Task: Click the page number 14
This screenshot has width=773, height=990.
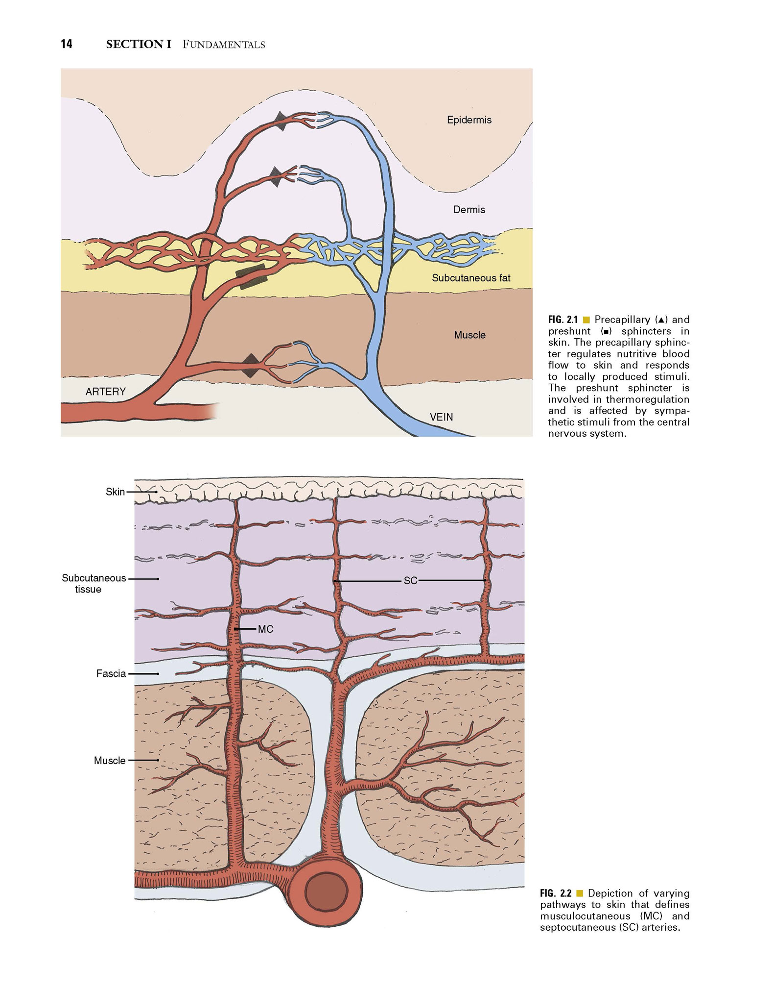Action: (67, 44)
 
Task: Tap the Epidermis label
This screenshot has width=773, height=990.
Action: (469, 120)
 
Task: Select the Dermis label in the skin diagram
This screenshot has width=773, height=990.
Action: (469, 210)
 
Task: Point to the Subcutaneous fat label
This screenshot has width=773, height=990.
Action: (471, 278)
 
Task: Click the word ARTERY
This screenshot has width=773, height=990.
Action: (106, 392)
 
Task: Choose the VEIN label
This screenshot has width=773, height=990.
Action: (442, 417)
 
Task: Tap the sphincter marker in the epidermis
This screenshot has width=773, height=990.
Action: (280, 121)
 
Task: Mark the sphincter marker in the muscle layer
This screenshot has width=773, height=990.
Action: (251, 366)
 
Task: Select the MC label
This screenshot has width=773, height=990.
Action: (265, 629)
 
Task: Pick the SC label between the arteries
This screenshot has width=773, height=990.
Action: (410, 580)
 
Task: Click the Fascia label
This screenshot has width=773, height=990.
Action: (111, 673)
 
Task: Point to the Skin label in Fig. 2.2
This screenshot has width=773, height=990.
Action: (115, 492)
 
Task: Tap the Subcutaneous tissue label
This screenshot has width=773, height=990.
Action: (94, 583)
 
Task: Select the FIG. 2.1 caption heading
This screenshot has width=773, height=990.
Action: (563, 320)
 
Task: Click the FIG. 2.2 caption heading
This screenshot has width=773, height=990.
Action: (556, 893)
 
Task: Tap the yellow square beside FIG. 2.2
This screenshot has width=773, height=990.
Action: (580, 893)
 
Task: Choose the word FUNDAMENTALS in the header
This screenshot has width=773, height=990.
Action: (224, 45)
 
